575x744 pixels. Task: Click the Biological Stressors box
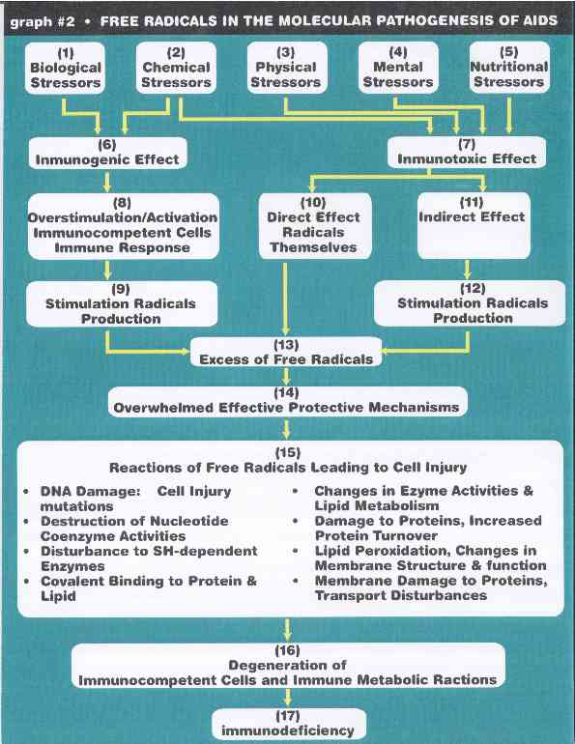pyautogui.click(x=65, y=68)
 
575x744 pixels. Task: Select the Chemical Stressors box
pyautogui.click(x=176, y=68)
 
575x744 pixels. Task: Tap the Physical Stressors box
pyautogui.click(x=287, y=67)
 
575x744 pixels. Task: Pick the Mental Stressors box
pyautogui.click(x=398, y=67)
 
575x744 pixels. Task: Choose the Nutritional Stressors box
pyautogui.click(x=509, y=67)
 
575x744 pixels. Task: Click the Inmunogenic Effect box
pyautogui.click(x=107, y=153)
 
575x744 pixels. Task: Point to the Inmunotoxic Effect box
pyautogui.click(x=467, y=153)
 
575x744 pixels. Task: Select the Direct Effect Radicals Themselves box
pyautogui.click(x=315, y=226)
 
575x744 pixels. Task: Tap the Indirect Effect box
pyautogui.click(x=474, y=225)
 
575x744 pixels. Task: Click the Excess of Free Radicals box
pyautogui.click(x=286, y=352)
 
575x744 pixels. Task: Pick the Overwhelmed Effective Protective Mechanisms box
pyautogui.click(x=288, y=401)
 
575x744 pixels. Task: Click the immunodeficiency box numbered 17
pyautogui.click(x=288, y=724)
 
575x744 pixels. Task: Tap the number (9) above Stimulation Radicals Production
pyautogui.click(x=121, y=289)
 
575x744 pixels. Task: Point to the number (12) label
pyautogui.click(x=473, y=289)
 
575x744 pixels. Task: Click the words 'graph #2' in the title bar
pyautogui.click(x=43, y=22)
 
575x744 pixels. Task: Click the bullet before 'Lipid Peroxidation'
pyautogui.click(x=296, y=551)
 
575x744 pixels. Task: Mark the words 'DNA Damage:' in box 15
pyautogui.click(x=90, y=491)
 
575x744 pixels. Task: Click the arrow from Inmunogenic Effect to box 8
pyautogui.click(x=107, y=182)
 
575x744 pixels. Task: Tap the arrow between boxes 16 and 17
pyautogui.click(x=288, y=698)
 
